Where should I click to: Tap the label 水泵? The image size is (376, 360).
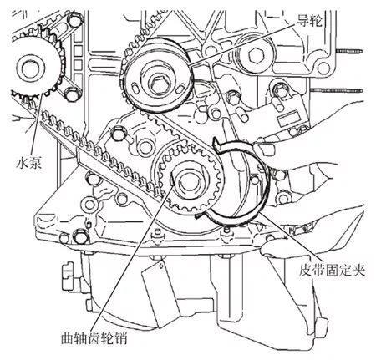click(28, 162)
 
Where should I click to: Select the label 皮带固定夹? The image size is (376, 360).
click(332, 269)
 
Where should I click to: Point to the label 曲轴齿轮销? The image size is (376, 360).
click(94, 338)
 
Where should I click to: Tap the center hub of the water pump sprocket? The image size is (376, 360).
click(29, 68)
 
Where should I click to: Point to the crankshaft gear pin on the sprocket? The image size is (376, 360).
click(172, 178)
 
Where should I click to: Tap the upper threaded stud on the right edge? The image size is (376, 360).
click(348, 51)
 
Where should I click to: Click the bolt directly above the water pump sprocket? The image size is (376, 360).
click(74, 21)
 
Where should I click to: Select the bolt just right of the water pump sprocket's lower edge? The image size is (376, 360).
click(71, 94)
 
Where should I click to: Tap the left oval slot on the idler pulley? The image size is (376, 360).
click(135, 88)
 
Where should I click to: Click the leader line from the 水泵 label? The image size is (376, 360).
click(37, 124)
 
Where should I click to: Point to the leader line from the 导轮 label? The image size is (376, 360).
click(241, 44)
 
